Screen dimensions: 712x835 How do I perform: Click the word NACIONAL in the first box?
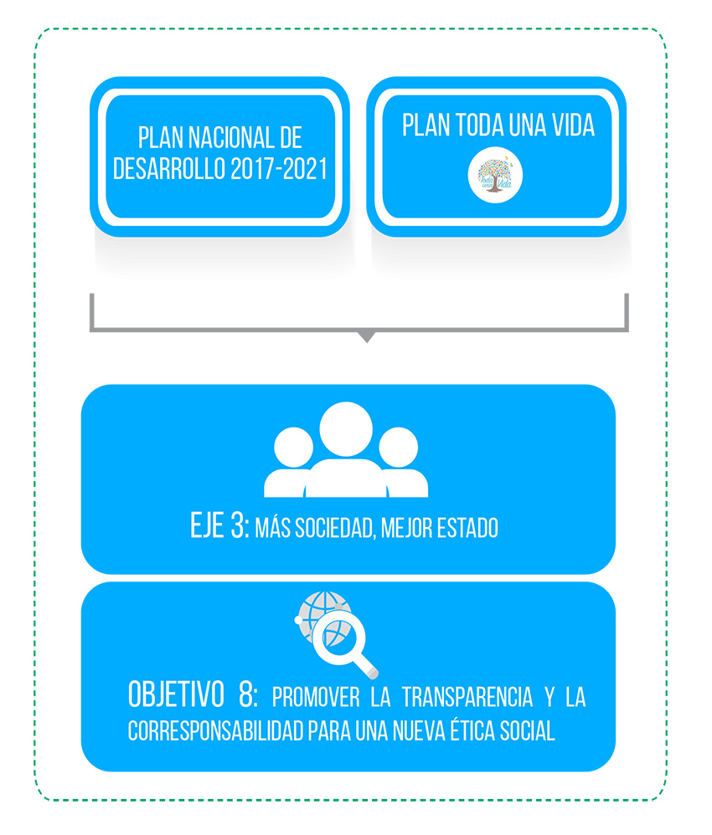click(x=231, y=138)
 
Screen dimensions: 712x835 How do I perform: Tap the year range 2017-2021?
click(x=279, y=169)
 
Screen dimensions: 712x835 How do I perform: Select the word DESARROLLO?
click(x=169, y=169)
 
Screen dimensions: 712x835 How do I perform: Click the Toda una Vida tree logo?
click(x=495, y=176)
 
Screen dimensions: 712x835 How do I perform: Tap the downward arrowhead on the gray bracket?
click(x=367, y=337)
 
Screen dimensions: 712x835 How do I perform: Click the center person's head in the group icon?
click(x=346, y=428)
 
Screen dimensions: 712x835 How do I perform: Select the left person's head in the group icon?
click(x=293, y=448)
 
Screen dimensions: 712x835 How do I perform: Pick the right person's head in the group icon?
click(x=399, y=448)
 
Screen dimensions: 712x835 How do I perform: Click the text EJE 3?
click(x=219, y=525)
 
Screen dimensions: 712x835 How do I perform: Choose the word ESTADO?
click(x=467, y=528)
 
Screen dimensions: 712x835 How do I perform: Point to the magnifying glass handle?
click(x=366, y=666)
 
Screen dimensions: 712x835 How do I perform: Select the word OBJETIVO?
click(x=176, y=695)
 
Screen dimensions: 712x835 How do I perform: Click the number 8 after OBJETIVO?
click(x=248, y=695)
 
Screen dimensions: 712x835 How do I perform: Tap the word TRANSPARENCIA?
click(x=467, y=697)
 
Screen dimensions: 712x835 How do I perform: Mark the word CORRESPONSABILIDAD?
click(x=215, y=730)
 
